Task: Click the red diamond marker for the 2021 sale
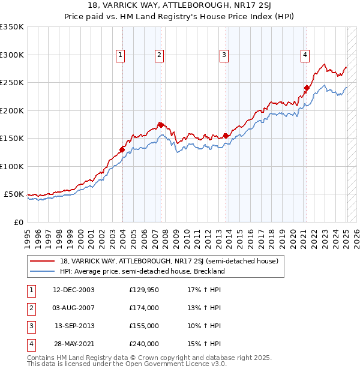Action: (x=306, y=88)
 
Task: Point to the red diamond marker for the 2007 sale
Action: (x=160, y=125)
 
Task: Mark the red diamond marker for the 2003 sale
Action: (x=122, y=150)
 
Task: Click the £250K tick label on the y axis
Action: (x=12, y=83)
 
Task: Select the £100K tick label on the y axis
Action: (x=12, y=166)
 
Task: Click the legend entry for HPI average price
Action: (x=142, y=271)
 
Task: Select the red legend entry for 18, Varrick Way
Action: (x=169, y=261)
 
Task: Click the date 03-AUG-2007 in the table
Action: (x=74, y=308)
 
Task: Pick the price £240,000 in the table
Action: (x=144, y=344)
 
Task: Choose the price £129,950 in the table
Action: (x=144, y=290)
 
